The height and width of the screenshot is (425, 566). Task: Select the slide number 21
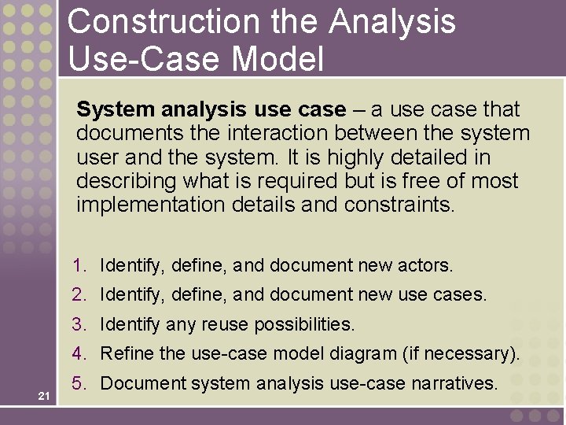[x=44, y=395]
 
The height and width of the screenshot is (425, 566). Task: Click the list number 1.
[x=78, y=265]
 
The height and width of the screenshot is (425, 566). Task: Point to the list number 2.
[x=78, y=294]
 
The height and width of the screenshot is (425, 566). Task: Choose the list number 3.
[x=78, y=323]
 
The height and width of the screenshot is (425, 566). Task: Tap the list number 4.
[x=78, y=353]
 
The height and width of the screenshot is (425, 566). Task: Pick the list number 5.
[x=78, y=383]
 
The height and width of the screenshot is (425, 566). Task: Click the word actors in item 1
[x=428, y=265]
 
